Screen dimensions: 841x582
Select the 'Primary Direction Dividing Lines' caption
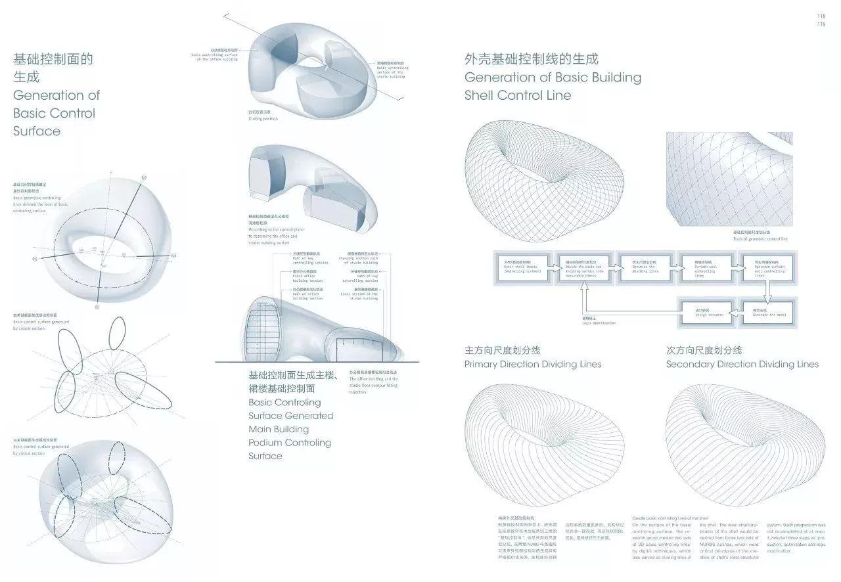[x=532, y=364]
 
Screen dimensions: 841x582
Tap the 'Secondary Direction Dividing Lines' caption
[x=742, y=364]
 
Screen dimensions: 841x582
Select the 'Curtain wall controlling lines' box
[x=706, y=269]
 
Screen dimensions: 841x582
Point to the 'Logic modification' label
[x=599, y=322]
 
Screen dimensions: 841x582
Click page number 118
[x=821, y=16]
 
